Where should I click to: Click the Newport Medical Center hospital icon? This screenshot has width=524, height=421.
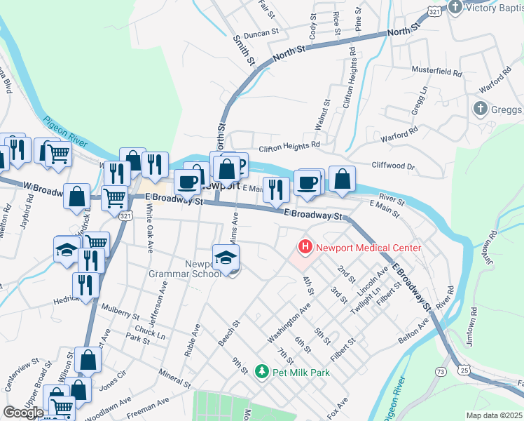point(305,247)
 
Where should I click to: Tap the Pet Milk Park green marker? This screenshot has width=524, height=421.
point(261,372)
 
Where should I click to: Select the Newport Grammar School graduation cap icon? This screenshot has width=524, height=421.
point(226,258)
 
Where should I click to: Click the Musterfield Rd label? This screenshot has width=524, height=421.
point(438,72)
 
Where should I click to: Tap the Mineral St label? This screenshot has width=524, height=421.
point(174,380)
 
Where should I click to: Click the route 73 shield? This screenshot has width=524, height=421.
point(441,370)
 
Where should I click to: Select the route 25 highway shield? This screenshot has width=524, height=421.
point(464,369)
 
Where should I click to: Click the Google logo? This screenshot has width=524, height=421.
point(23,413)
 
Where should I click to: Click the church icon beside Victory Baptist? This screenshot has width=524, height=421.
point(455,8)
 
